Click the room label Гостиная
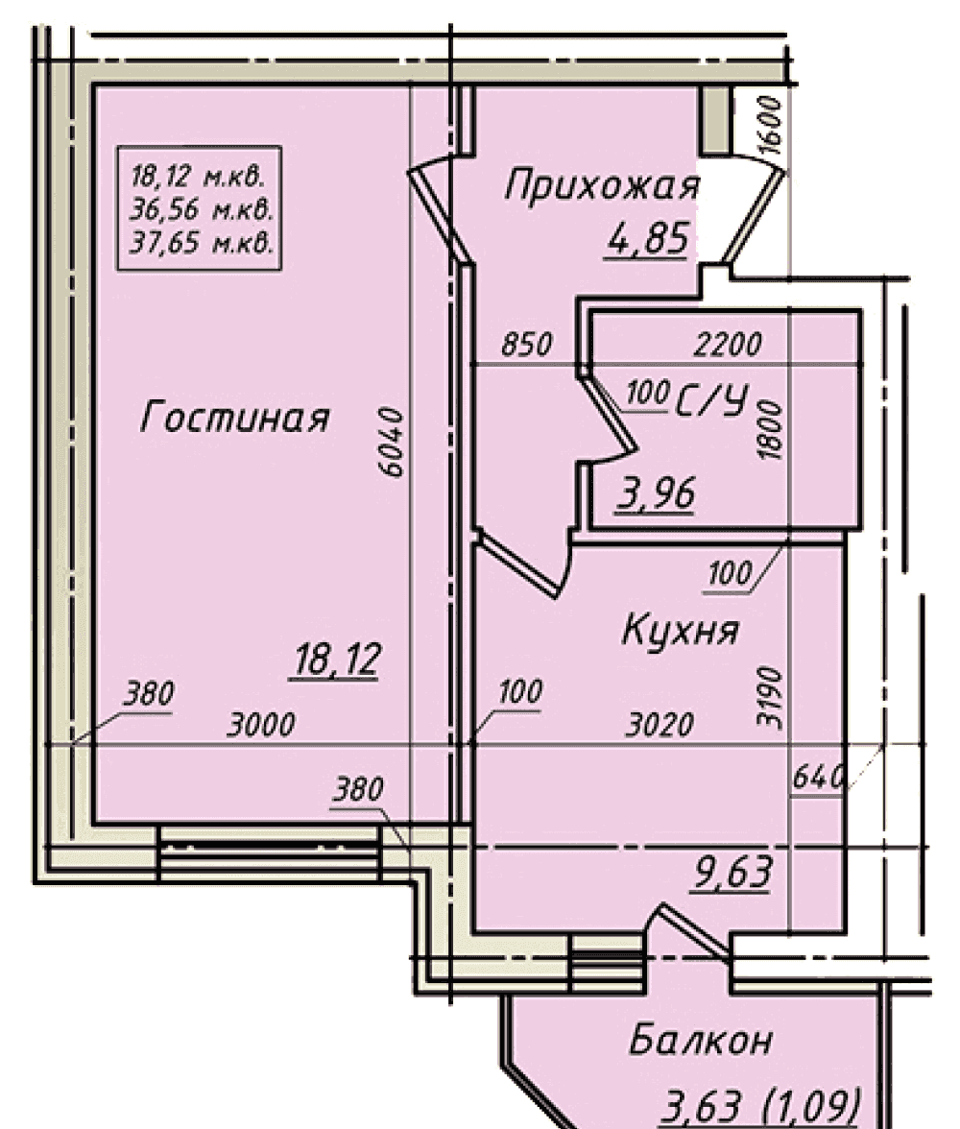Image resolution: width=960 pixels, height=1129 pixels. coord(235,417)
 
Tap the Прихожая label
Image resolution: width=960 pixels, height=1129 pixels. coord(602,186)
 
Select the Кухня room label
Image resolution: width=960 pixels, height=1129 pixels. coord(681,631)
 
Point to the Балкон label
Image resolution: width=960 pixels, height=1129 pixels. coord(701,1040)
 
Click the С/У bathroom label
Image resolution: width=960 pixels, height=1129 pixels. coord(712,400)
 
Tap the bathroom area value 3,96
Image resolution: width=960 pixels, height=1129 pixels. coord(656,493)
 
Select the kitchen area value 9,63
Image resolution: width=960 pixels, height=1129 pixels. coord(732,872)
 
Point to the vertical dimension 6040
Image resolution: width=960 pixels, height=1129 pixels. coord(391,442)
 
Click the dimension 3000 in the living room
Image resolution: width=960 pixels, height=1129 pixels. coord(261,724)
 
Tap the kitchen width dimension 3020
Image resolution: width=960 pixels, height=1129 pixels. coord(660,724)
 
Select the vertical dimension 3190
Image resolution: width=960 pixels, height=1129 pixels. coord(770,697)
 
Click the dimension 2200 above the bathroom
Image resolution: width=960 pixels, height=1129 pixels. coord(728,344)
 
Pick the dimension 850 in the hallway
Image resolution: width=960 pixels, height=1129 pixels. coord(527,344)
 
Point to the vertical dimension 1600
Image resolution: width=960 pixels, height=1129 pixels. coord(770,124)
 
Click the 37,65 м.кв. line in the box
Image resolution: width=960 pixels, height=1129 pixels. coord(201,243)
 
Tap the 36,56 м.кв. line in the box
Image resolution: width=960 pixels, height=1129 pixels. coord(201,209)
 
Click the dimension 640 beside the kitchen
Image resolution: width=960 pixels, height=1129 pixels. coord(817,778)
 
